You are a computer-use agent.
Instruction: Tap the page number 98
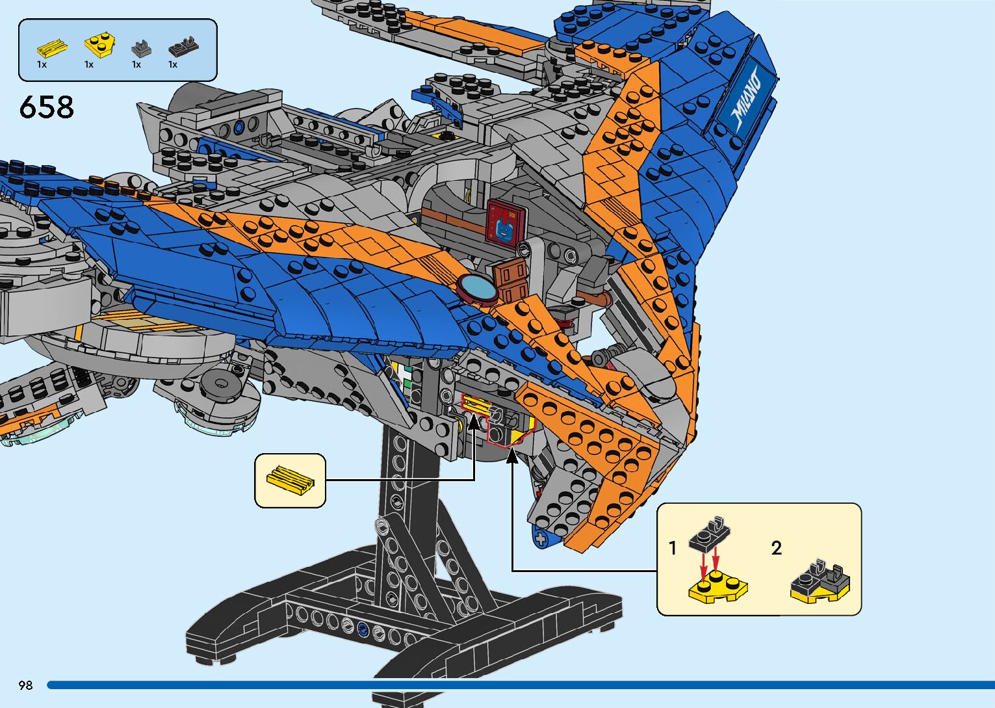(25, 685)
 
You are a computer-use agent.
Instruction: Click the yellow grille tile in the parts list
(51, 47)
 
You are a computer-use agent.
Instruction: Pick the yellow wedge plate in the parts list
(99, 46)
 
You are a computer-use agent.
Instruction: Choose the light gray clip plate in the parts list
(141, 48)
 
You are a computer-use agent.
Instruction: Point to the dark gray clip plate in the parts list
(183, 47)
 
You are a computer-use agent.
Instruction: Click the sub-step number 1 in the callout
(673, 549)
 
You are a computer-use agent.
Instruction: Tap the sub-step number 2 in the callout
(776, 549)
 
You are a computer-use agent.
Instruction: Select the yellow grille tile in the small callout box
(290, 480)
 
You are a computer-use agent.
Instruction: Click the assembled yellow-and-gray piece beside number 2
(820, 581)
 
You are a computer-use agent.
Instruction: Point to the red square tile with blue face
(505, 221)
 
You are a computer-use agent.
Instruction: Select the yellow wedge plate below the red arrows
(717, 586)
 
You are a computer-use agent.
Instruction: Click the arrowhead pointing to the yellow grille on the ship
(474, 423)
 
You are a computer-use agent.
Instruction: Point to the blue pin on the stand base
(363, 629)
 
